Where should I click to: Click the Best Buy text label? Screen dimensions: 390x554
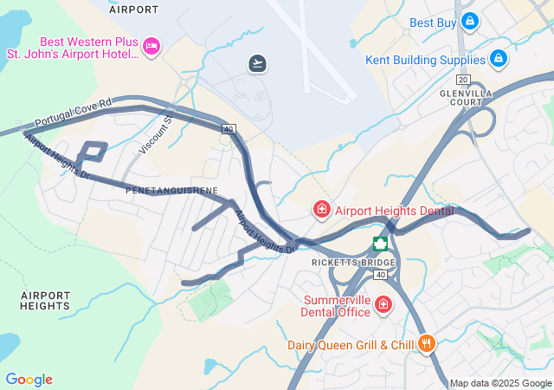(433, 23)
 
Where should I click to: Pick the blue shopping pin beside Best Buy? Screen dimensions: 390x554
(469, 20)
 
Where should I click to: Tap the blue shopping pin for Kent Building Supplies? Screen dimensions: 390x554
(498, 59)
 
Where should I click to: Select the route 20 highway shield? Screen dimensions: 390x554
(463, 79)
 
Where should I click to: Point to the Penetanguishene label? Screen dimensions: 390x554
(171, 189)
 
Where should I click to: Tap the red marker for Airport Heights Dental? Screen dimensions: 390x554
(321, 210)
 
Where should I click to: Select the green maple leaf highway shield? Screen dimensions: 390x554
(379, 244)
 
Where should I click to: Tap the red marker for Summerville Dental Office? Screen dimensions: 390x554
(383, 305)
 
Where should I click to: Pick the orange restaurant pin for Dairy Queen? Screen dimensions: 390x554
(426, 344)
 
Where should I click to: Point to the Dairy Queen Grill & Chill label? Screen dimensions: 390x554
(352, 345)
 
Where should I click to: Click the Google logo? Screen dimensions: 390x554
(29, 380)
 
